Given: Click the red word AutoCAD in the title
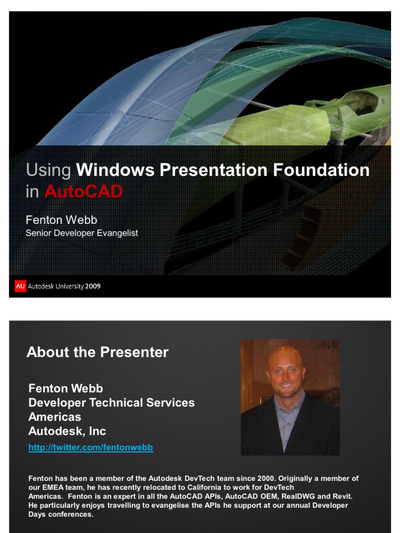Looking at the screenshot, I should (83, 192).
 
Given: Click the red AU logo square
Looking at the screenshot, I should (20, 286).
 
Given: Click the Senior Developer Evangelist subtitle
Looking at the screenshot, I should (82, 233).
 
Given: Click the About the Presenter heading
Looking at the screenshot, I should (97, 352).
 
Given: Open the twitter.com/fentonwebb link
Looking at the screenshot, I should (91, 447).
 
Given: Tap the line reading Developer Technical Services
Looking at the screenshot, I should (111, 402).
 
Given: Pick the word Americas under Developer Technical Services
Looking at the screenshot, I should (55, 417).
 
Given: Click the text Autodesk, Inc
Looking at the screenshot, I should (67, 431).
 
